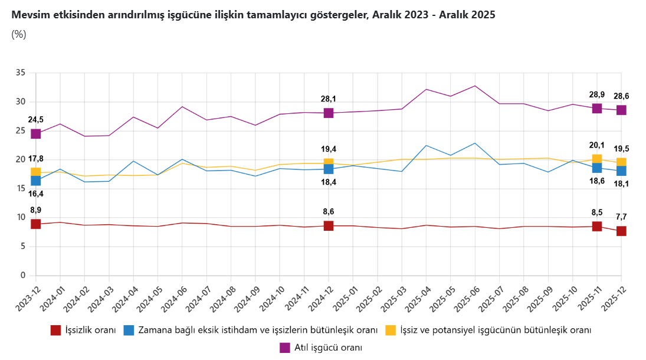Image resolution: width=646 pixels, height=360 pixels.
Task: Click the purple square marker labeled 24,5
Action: click(35, 134)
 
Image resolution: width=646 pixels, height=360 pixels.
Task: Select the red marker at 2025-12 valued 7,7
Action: click(621, 231)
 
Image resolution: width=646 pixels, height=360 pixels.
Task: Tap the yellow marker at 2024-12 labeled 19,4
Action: click(329, 163)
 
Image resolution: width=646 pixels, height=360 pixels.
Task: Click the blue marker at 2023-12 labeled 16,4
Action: click(35, 181)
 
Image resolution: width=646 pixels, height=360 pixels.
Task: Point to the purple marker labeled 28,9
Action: click(597, 108)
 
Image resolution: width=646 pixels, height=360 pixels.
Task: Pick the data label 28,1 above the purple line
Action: click(329, 99)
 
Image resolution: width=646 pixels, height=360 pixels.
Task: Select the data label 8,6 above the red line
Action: click(329, 212)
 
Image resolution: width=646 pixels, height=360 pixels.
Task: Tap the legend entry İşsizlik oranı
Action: click(83, 330)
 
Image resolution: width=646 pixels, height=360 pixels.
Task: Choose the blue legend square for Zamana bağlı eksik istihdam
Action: click(129, 330)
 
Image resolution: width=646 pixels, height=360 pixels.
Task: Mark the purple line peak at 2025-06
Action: click(475, 86)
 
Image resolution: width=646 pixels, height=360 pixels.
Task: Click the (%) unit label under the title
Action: click(19, 34)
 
